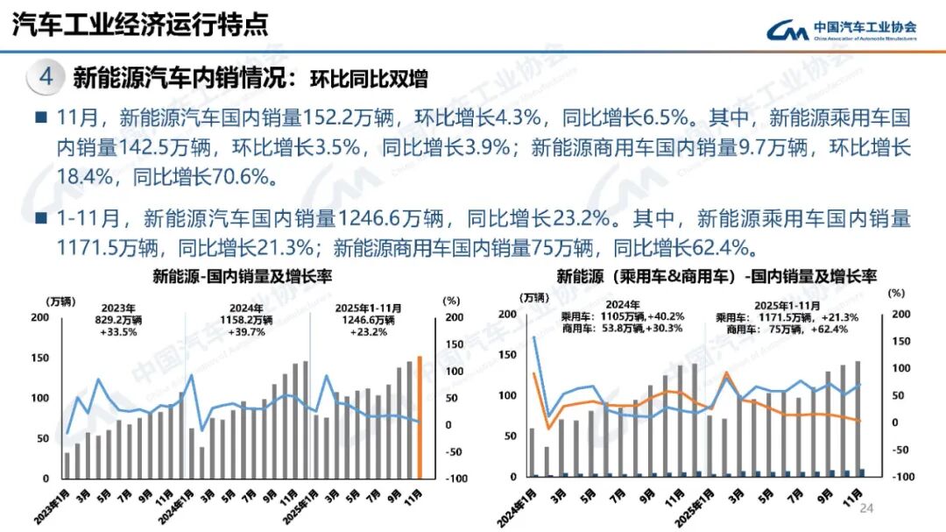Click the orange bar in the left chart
pyautogui.click(x=420, y=418)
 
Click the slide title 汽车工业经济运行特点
pyautogui.click(x=140, y=25)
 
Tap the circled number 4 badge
pyautogui.click(x=46, y=77)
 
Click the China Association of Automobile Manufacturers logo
pyautogui.click(x=840, y=31)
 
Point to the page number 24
pyautogui.click(x=868, y=509)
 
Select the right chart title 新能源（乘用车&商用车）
pyautogui.click(x=640, y=278)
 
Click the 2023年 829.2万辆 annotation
pyautogui.click(x=118, y=321)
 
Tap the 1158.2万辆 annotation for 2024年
pyautogui.click(x=248, y=321)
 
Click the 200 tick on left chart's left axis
pyautogui.click(x=39, y=316)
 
